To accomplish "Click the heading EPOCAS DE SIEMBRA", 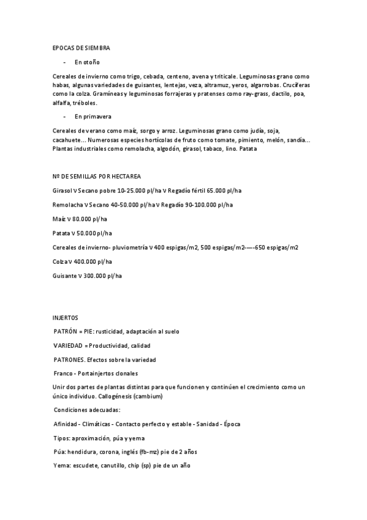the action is click(81, 47).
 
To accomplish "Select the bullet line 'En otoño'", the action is click(87, 62).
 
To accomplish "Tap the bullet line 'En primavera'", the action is click(93, 116).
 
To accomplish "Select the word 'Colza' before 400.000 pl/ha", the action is click(60, 262).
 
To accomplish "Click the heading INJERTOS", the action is click(66, 318).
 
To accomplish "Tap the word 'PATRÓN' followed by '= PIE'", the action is click(66, 332).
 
